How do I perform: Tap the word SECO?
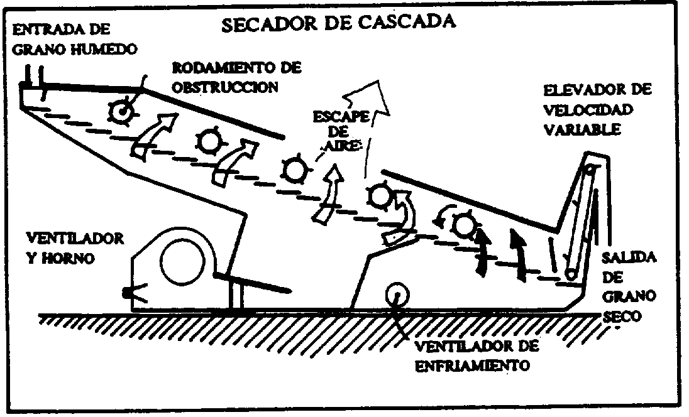pyautogui.click(x=622, y=316)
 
